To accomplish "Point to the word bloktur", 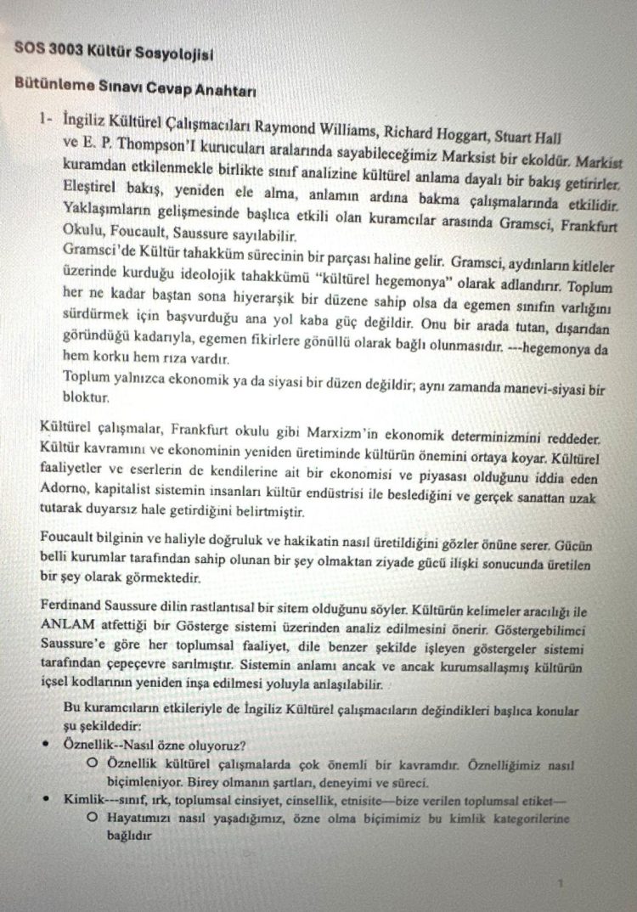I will pyautogui.click(x=85, y=397).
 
